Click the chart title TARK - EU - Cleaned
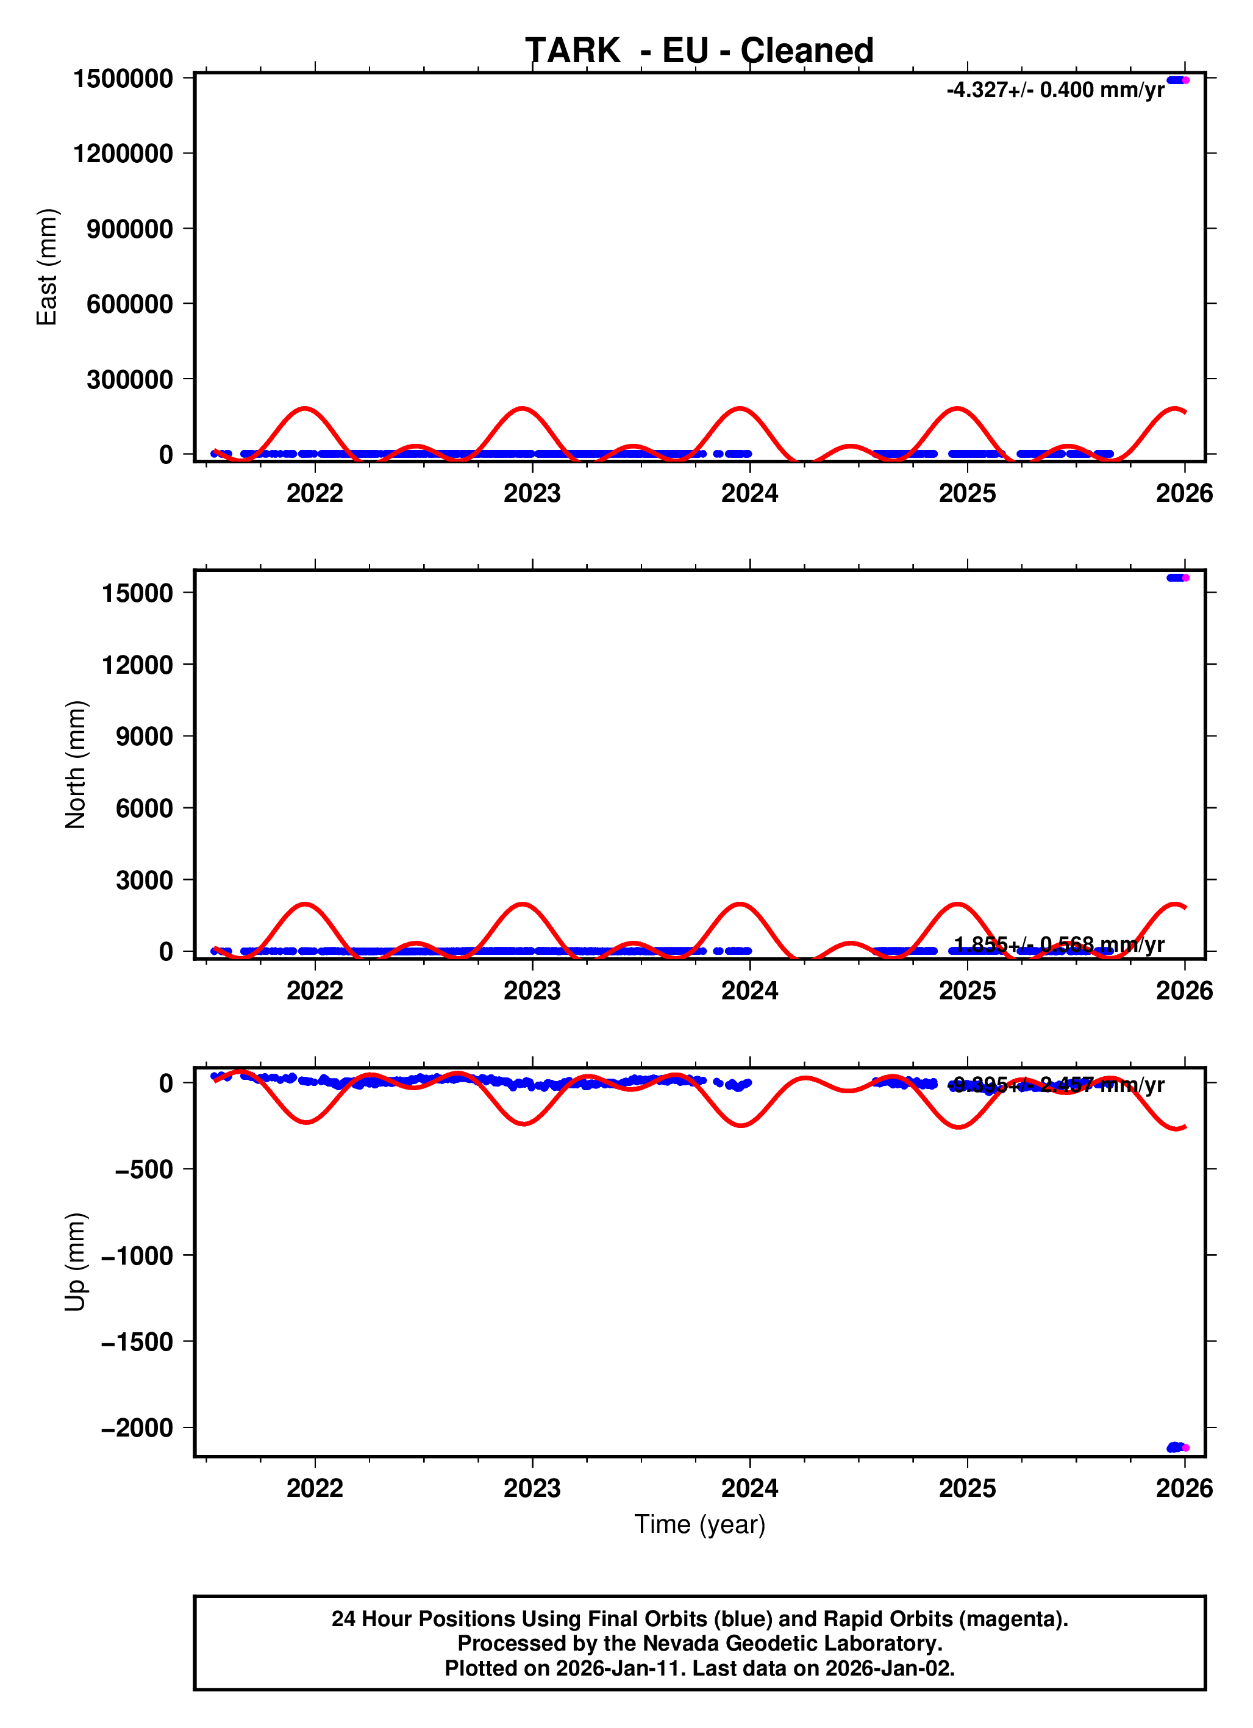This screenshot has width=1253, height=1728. [699, 51]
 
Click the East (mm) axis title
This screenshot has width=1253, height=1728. [47, 266]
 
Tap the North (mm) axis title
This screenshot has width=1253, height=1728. [76, 764]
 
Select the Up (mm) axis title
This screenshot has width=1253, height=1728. [76, 1262]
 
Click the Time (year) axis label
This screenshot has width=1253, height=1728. [699, 1524]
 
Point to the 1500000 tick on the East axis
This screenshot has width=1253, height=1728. [123, 79]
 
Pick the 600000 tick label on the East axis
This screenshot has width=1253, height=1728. [129, 304]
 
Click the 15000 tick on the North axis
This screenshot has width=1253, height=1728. [138, 593]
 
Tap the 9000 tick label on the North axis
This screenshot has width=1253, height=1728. [144, 737]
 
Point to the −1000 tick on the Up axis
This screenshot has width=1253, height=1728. [137, 1255]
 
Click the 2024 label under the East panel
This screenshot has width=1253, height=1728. [749, 494]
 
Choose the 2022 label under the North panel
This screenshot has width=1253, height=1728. [315, 991]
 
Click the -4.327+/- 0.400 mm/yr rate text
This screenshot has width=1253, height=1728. [1055, 90]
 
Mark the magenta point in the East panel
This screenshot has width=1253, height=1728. [1185, 80]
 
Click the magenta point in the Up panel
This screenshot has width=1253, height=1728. [1185, 1448]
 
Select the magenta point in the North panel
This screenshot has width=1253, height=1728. [1185, 577]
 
